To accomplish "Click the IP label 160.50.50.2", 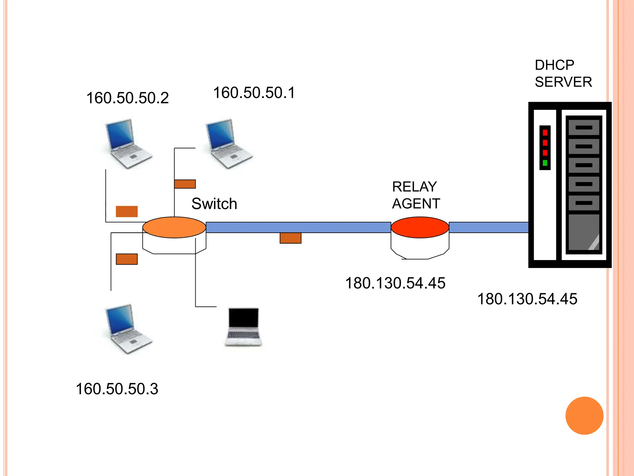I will pyautogui.click(x=127, y=98).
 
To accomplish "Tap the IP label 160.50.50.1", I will pyautogui.click(x=254, y=93).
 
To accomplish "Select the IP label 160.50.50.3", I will pyautogui.click(x=117, y=389).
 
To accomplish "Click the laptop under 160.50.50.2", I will pyautogui.click(x=128, y=143).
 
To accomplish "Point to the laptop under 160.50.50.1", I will pyautogui.click(x=229, y=143).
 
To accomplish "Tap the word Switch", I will pyautogui.click(x=214, y=204).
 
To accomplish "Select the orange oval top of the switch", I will pyautogui.click(x=174, y=227).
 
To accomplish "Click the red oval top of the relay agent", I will pyautogui.click(x=420, y=227).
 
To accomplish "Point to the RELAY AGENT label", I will pyautogui.click(x=415, y=195).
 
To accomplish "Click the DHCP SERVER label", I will pyautogui.click(x=563, y=74).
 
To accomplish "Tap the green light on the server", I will pyautogui.click(x=545, y=163).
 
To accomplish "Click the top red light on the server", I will pyautogui.click(x=545, y=133).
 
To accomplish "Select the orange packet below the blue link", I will pyautogui.click(x=290, y=238).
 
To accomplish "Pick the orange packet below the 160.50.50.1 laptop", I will pyautogui.click(x=185, y=184).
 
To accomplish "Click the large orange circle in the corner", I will pyautogui.click(x=584, y=416).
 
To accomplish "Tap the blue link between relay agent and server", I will pyautogui.click(x=488, y=227).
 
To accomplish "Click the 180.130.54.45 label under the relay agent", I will pyautogui.click(x=395, y=283).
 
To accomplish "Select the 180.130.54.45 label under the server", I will pyautogui.click(x=527, y=299).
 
